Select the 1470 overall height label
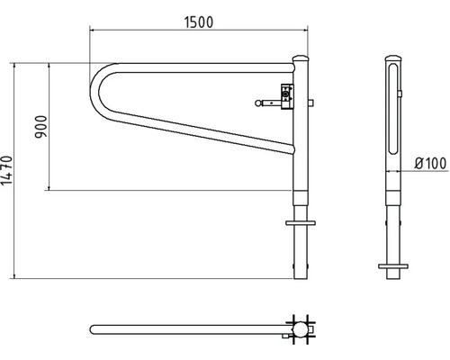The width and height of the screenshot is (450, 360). (x=8, y=171)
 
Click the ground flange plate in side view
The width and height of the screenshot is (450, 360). (x=391, y=267)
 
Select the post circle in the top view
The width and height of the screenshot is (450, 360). (x=300, y=330)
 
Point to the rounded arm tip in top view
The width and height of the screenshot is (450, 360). (x=94, y=330)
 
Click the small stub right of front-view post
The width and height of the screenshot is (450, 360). (x=310, y=105)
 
